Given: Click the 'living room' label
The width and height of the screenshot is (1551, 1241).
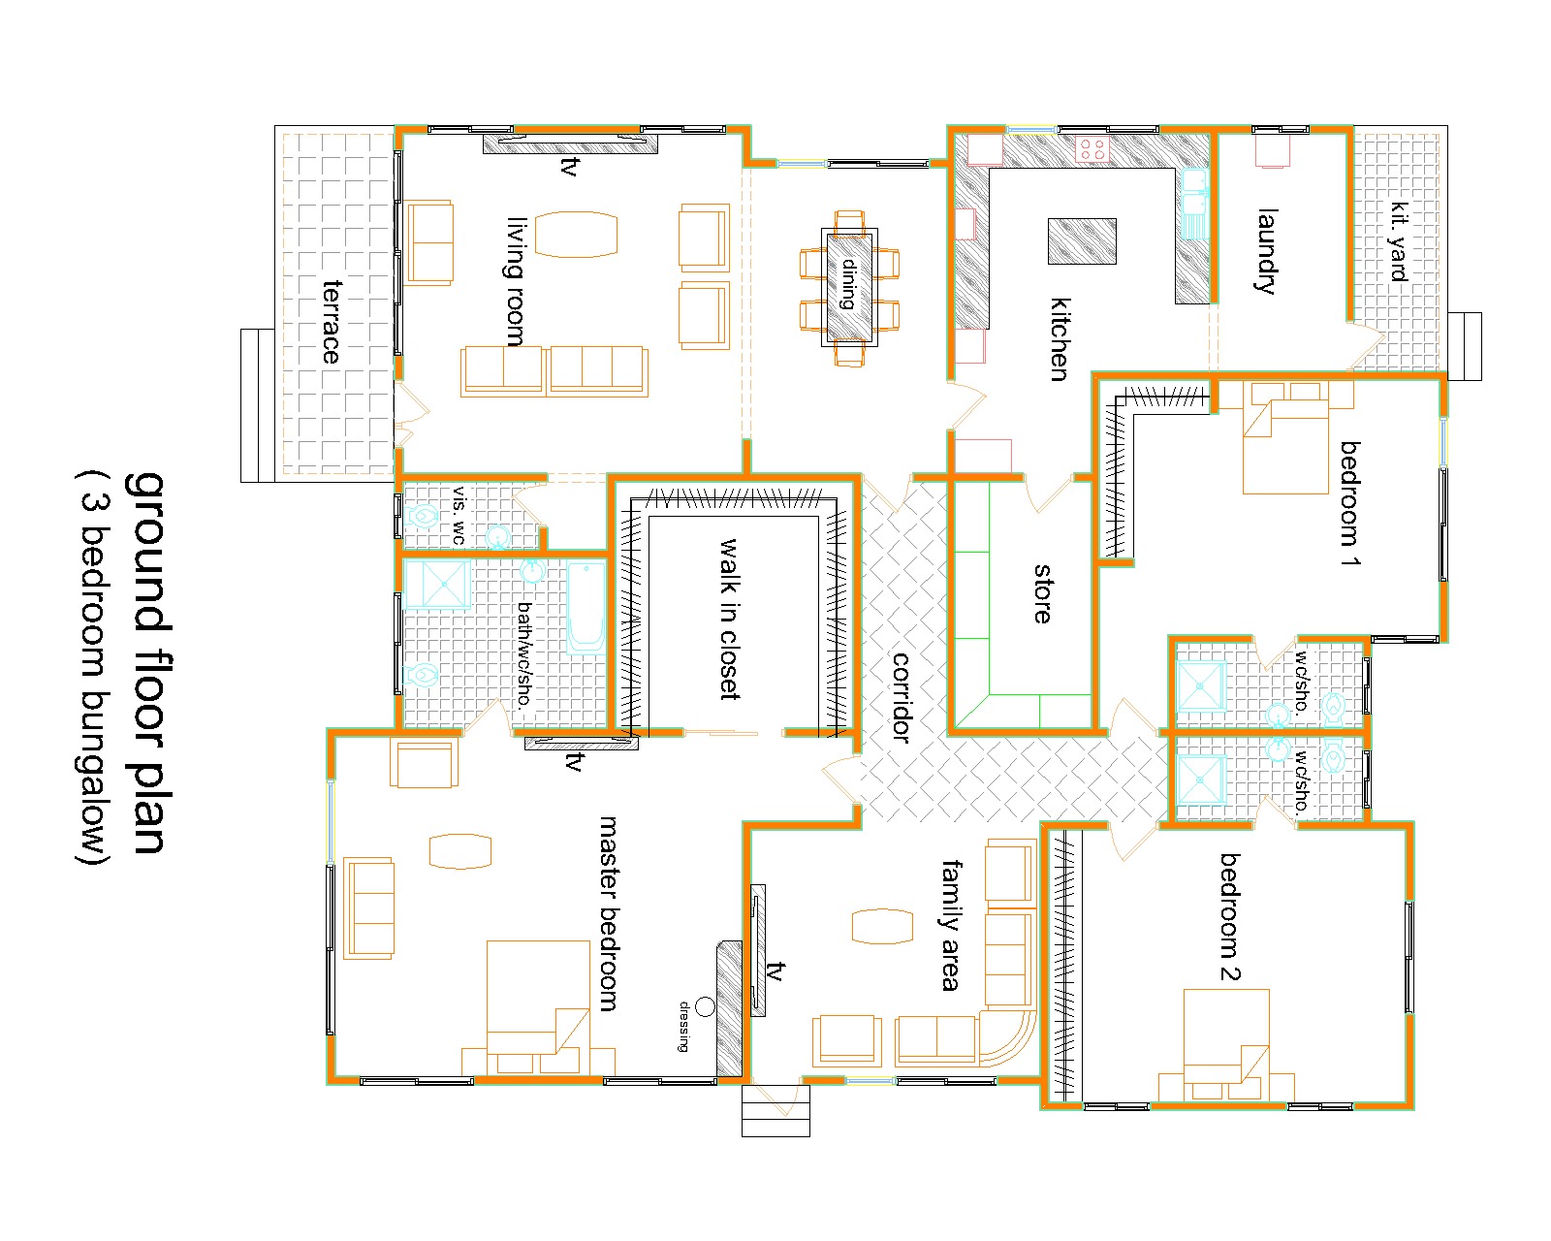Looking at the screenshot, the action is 516,282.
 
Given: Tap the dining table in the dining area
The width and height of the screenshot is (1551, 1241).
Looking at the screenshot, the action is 849,287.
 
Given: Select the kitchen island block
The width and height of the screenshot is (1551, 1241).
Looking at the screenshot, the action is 1081,240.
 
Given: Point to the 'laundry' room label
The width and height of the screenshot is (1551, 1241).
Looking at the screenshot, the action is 1267,252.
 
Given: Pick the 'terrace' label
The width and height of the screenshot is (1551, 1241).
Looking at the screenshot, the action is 331,322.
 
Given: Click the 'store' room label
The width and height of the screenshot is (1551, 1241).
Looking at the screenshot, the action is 1043,593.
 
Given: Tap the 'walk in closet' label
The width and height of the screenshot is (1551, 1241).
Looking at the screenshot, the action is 729,619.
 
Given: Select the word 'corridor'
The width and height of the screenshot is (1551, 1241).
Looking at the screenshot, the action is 901,697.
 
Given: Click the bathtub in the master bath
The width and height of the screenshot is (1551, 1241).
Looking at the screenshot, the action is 586,608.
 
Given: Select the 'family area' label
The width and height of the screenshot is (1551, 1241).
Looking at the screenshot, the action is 951,925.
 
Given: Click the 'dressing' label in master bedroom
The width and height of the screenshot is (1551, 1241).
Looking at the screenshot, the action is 683,1026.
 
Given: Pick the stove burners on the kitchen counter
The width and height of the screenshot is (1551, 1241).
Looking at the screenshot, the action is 1092,149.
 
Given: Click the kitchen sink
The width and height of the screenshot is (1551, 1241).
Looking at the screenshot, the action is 1195,204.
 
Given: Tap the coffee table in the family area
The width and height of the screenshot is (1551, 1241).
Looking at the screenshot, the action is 882,926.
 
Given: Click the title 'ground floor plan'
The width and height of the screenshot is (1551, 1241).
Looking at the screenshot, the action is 146,663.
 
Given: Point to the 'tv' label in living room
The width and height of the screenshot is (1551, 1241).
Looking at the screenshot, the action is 570,167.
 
